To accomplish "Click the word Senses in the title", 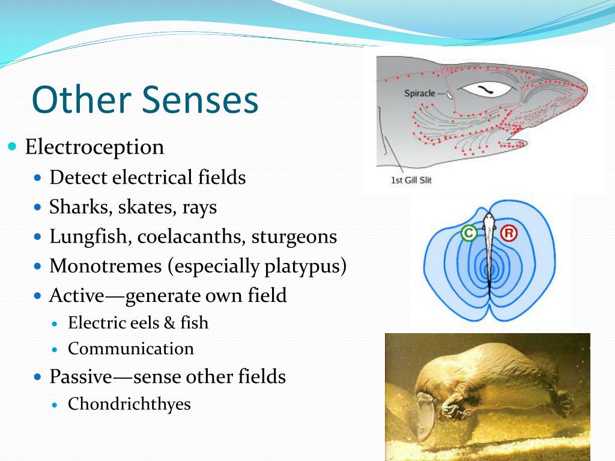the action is click(199, 100).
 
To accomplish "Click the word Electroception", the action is click(94, 148).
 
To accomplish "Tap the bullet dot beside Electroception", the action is click(13, 146).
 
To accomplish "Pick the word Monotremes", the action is click(106, 266).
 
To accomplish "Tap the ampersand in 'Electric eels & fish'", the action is click(169, 323).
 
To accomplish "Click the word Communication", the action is click(131, 349).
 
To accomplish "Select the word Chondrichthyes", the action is click(130, 404).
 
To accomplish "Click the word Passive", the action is click(81, 376).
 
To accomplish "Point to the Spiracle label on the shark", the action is click(420, 94).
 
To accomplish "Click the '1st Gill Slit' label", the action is click(411, 180).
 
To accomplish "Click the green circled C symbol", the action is click(469, 234).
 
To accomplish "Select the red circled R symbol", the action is click(509, 234).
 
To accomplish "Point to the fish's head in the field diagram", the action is click(489, 220).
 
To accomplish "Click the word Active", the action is click(77, 295).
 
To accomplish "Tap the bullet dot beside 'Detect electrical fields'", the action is click(38, 178).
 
